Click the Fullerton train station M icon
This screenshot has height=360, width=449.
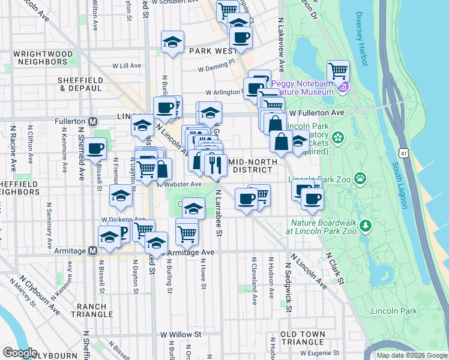93,121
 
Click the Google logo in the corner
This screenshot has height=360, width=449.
20,353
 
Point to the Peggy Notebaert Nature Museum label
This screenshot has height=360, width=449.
303,88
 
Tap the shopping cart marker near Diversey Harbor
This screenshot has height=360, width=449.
339,71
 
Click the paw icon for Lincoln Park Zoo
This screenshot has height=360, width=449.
360,178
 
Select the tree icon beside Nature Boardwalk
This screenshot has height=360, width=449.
363,226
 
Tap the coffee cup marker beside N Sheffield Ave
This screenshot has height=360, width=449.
95,148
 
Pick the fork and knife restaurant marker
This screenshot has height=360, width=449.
215,164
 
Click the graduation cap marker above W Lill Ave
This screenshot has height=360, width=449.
172,43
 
